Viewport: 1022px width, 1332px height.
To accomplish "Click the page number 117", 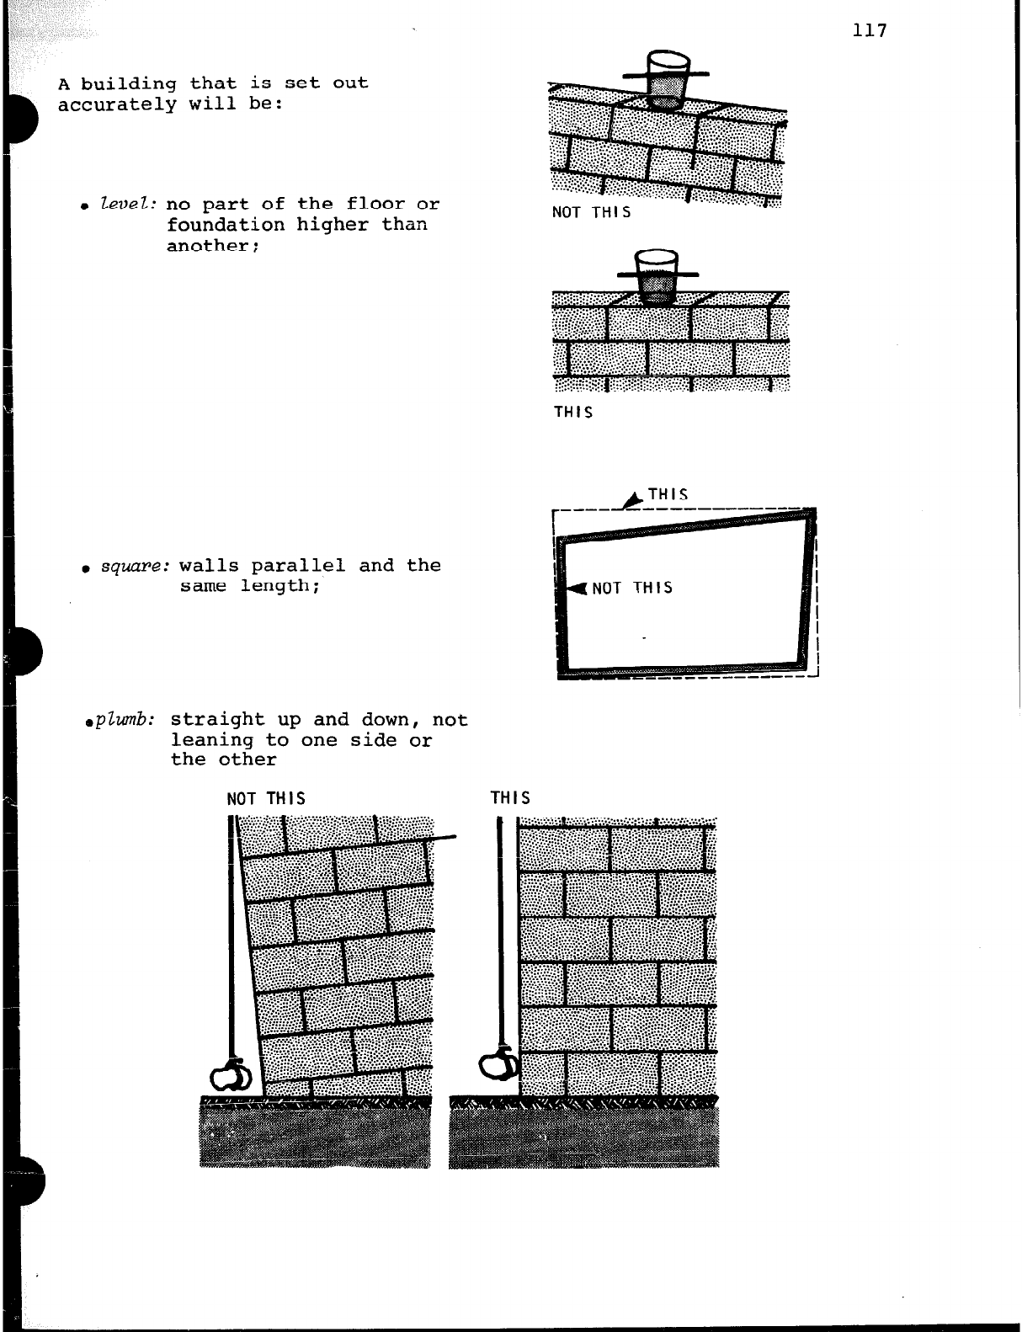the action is (870, 31).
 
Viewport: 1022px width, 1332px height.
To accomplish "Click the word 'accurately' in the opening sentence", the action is (117, 105).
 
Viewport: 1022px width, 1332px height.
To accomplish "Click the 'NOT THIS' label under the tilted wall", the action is (591, 212).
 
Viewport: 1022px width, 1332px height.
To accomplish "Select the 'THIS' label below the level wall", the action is (572, 412).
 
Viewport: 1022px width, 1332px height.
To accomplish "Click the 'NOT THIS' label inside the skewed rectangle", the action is (632, 588).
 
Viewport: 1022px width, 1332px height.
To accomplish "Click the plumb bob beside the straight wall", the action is (498, 1065).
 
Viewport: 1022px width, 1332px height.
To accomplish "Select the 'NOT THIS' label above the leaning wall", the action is (266, 798).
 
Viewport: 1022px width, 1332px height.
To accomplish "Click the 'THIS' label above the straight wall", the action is (510, 797).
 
